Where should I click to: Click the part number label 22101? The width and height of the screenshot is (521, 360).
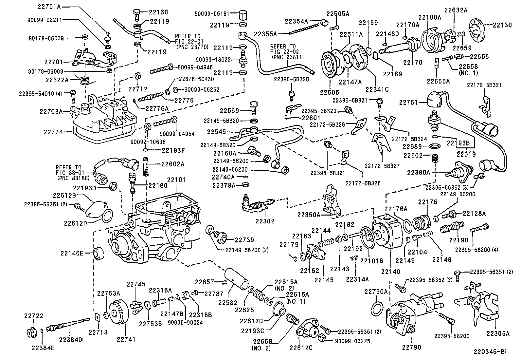pos(176,180)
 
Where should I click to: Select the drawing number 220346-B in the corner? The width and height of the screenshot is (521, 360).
pos(489,352)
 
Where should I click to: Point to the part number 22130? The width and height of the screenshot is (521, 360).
pos(502,25)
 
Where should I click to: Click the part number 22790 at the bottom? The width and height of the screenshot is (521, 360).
pos(412,347)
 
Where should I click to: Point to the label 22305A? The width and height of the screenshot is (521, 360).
pos(498,333)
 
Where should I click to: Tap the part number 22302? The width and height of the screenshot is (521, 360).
pos(265,221)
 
